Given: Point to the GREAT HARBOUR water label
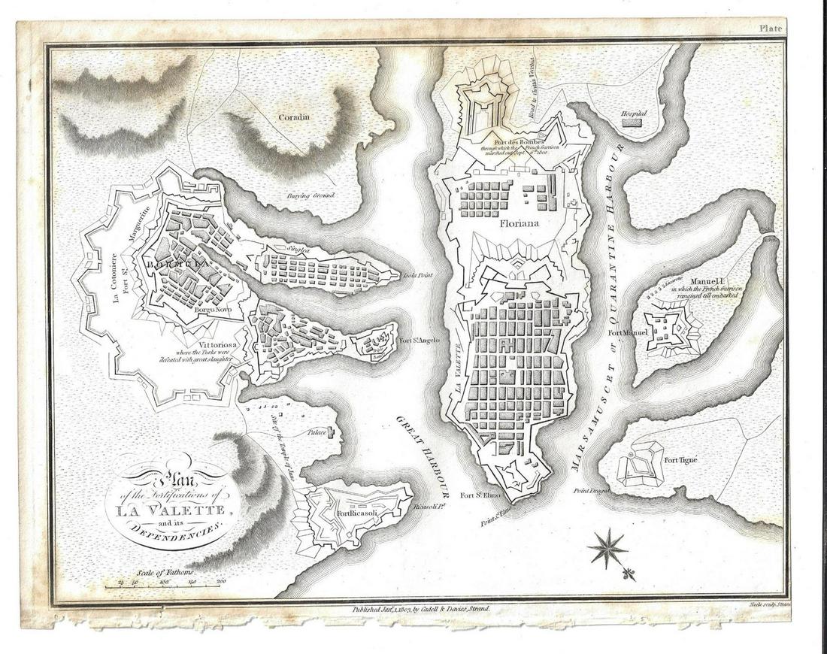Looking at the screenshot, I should pos(425,451).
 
